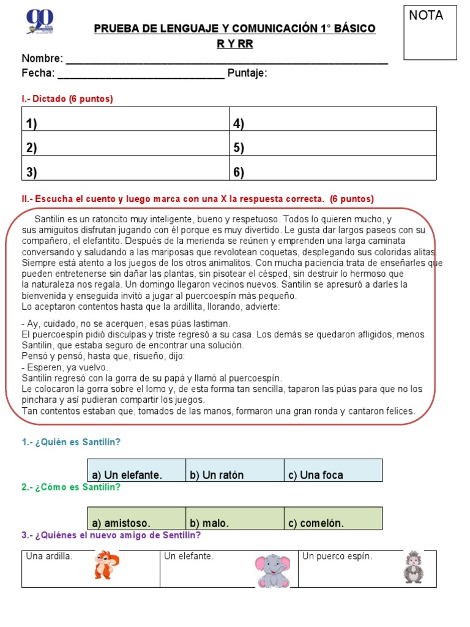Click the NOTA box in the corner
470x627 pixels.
[x=430, y=32]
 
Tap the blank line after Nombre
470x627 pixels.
[x=226, y=59]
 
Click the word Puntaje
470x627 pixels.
[x=247, y=74]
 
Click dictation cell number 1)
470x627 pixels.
[x=125, y=124]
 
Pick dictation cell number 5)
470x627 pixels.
[x=333, y=148]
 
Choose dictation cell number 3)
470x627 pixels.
[x=125, y=173]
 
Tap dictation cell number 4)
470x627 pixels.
[x=333, y=124]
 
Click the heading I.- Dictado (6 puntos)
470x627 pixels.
[x=67, y=99]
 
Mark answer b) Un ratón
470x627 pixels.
[x=234, y=471]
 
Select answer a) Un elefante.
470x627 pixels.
[x=136, y=471]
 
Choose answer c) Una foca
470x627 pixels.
[x=333, y=471]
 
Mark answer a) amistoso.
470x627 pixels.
[x=136, y=519]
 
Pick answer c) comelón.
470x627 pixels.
[x=333, y=519]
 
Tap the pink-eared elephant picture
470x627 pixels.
[x=272, y=570]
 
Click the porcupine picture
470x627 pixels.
[x=413, y=566]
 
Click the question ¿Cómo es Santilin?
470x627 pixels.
[x=71, y=487]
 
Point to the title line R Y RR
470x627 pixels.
[x=234, y=44]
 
